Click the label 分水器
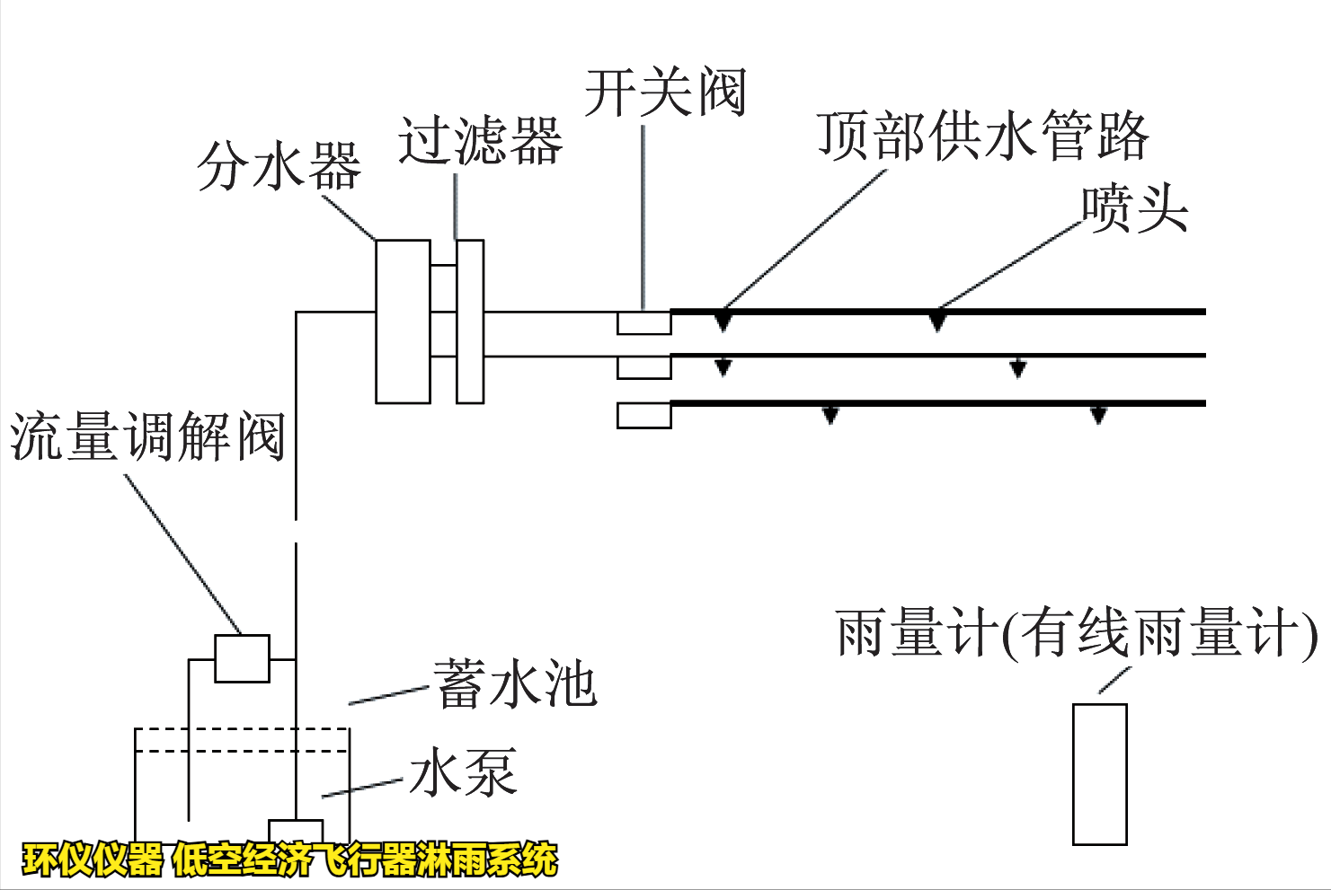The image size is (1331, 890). (x=279, y=167)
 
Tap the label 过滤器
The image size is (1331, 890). (x=480, y=141)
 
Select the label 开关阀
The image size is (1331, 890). (x=665, y=93)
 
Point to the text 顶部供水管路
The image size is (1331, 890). (x=982, y=137)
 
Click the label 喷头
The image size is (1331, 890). (x=1134, y=209)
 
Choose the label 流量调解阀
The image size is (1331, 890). (x=147, y=437)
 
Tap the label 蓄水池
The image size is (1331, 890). (x=515, y=684)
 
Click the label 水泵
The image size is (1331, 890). (x=463, y=772)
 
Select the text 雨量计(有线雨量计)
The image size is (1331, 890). (x=1076, y=634)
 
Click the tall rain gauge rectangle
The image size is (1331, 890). (x=1099, y=774)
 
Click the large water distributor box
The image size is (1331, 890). (x=403, y=321)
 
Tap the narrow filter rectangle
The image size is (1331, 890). (x=470, y=321)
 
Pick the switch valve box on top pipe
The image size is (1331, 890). (x=643, y=322)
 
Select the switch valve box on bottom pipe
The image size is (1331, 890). (x=643, y=416)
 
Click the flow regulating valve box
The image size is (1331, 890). (x=242, y=658)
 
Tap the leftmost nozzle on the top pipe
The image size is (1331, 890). (x=723, y=321)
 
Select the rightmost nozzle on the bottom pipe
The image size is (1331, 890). (x=1097, y=414)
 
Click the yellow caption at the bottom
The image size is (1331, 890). (x=289, y=859)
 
